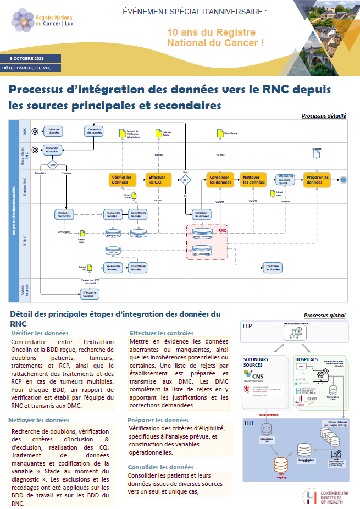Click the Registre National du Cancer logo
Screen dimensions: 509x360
(x=41, y=21)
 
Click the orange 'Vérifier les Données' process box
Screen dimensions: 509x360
(x=121, y=180)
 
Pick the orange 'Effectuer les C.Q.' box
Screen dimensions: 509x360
(x=157, y=180)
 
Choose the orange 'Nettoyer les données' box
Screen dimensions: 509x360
(x=253, y=180)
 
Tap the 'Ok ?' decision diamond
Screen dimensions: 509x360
(x=186, y=180)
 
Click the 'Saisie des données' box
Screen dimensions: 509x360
(x=54, y=131)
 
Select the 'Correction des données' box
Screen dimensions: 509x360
(x=94, y=131)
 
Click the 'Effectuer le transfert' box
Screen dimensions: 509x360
(x=90, y=294)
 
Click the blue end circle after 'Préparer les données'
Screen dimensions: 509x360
(x=344, y=180)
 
